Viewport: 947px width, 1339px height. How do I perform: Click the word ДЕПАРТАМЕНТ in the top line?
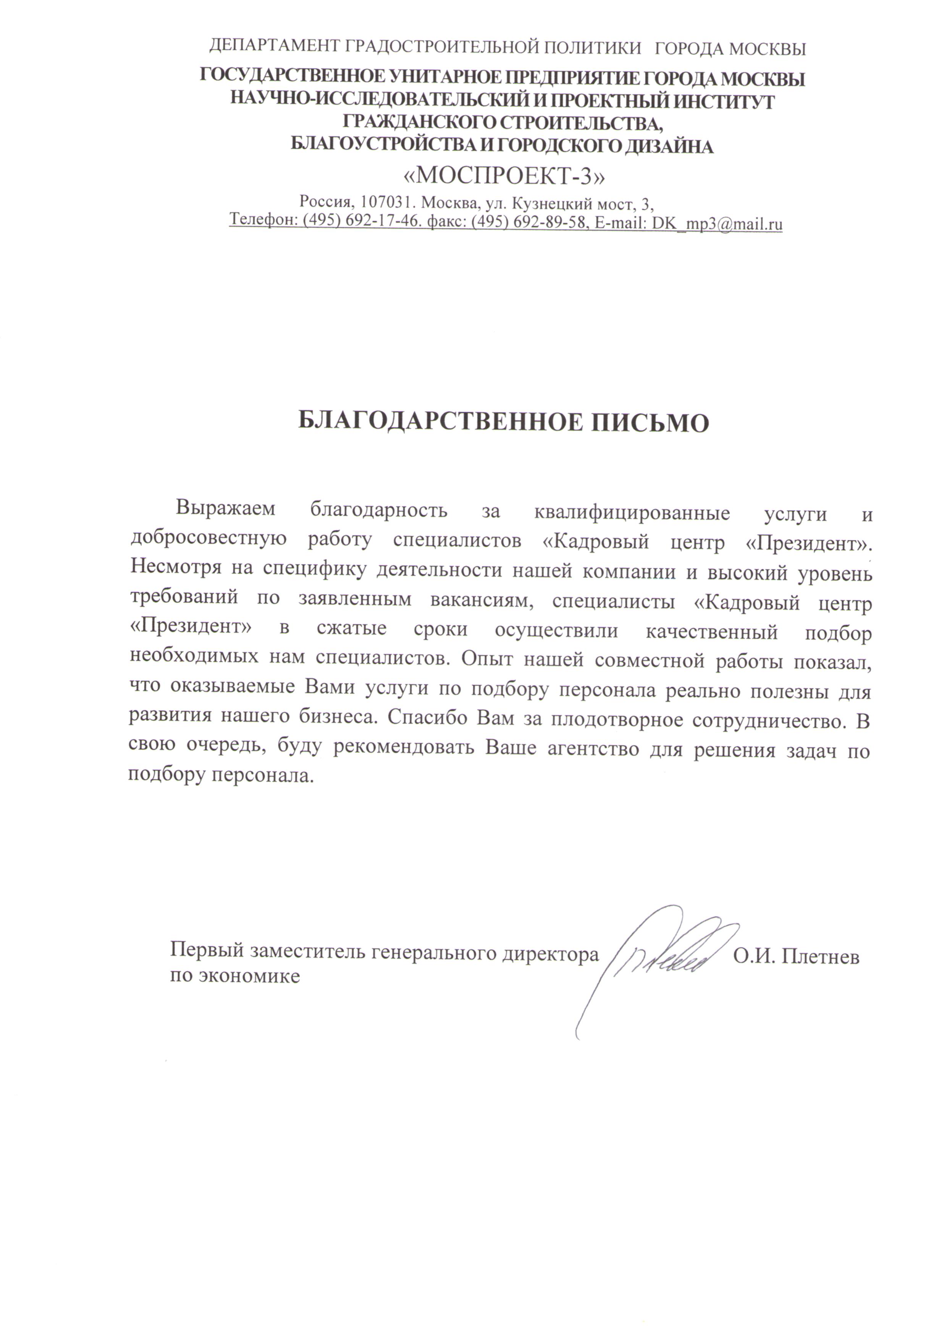tap(275, 46)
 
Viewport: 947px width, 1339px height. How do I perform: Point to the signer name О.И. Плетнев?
tap(795, 956)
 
